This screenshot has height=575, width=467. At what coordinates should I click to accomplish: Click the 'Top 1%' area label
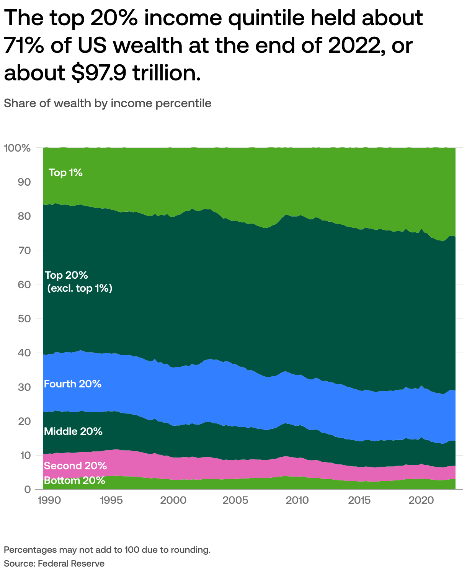(x=65, y=173)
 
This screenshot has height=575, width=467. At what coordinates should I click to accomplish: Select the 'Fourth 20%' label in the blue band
(x=73, y=384)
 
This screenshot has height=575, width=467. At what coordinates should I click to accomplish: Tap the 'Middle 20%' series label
(x=73, y=431)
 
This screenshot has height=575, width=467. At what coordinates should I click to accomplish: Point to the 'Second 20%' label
(x=75, y=466)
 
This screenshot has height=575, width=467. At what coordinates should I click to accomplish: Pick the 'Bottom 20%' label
(x=75, y=480)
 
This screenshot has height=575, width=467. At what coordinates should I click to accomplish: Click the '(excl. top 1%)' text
(x=80, y=288)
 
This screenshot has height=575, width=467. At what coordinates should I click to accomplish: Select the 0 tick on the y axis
(x=28, y=489)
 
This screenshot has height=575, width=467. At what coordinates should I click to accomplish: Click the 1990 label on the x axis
(x=49, y=500)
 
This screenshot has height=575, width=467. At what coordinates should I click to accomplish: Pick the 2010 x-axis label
(x=297, y=500)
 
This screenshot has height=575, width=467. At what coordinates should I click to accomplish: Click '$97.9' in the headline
(x=98, y=73)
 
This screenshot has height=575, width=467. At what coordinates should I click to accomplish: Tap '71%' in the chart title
(x=23, y=45)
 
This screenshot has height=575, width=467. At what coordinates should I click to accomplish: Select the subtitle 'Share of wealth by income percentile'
(x=108, y=103)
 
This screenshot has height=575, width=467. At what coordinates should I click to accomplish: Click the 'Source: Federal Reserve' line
(x=54, y=564)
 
